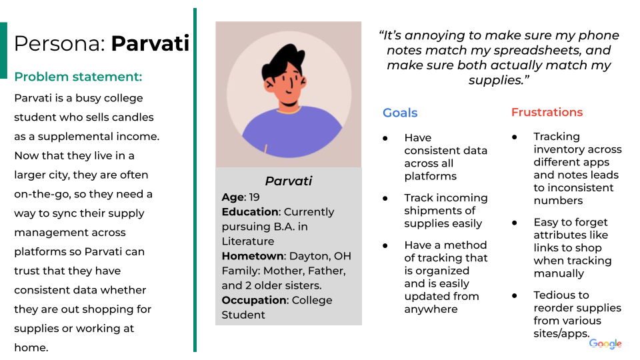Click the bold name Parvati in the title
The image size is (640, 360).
pos(150,44)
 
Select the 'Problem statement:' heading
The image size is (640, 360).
pos(78,77)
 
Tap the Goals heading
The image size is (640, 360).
pos(400,113)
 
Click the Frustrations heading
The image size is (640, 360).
pos(547,112)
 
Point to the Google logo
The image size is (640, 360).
pos(605,343)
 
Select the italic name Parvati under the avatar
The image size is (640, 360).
pos(288,181)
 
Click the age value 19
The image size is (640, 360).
pos(255,197)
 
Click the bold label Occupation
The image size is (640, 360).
pos(254,300)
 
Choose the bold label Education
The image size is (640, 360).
pos(250,211)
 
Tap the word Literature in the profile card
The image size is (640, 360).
pos(247,241)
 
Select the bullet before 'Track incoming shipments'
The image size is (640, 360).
pos(385,198)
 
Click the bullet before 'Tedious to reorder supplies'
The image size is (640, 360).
pos(515,295)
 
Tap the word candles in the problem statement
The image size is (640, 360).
pos(133,117)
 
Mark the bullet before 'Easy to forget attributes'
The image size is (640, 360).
pos(515,223)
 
